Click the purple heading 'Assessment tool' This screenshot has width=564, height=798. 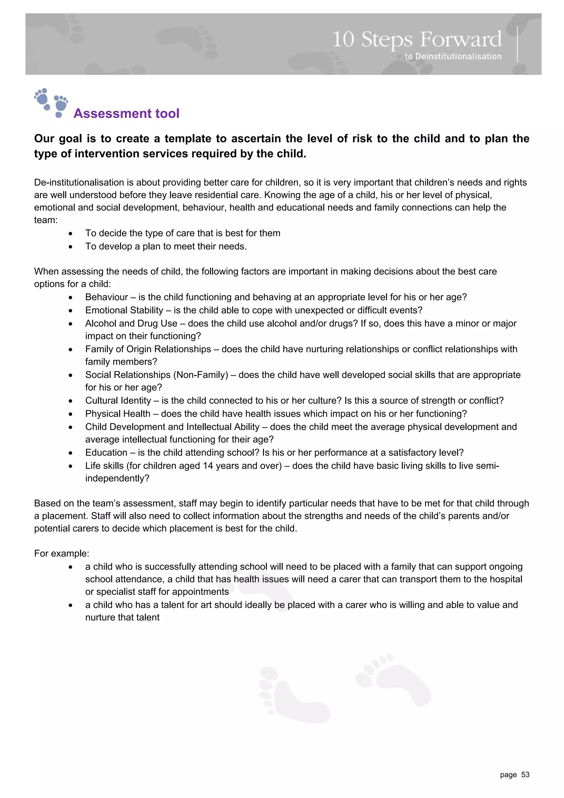tap(126, 114)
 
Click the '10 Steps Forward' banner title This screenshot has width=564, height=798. tap(417, 39)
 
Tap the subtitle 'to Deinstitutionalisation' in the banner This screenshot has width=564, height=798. tap(453, 56)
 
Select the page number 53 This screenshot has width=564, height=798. tap(525, 775)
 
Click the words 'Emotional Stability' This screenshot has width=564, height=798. tap(124, 310)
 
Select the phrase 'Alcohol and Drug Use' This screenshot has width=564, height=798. tap(131, 324)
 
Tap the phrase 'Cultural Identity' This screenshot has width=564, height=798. tap(118, 401)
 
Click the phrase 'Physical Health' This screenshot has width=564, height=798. tap(118, 414)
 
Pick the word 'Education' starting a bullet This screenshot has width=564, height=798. tap(106, 453)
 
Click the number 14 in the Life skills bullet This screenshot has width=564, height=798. tap(208, 466)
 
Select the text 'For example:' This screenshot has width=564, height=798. tap(61, 553)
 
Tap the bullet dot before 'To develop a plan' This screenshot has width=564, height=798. tap(70, 247)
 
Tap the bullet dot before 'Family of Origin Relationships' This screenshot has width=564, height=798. tap(70, 350)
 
